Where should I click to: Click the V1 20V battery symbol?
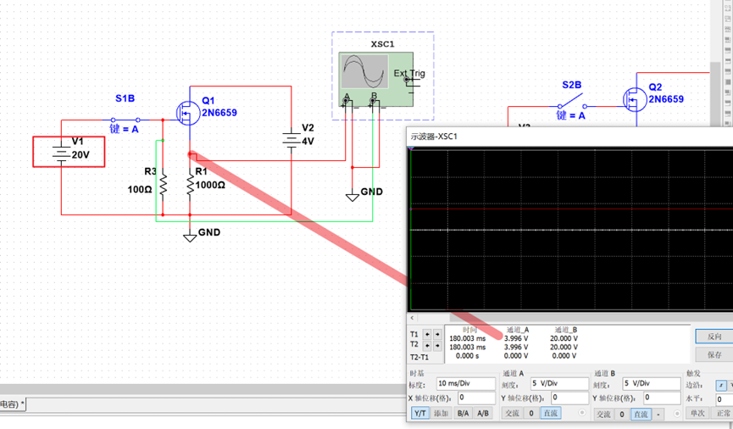61,153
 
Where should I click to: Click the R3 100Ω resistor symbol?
164,183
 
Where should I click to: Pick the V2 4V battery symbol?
292,141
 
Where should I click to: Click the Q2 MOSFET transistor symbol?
633,99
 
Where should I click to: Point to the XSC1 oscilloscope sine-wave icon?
364,72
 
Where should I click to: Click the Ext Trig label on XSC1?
409,74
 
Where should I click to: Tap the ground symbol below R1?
190,235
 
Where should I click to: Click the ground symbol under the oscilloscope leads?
353,195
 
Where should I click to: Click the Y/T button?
419,414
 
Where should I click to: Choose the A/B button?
483,414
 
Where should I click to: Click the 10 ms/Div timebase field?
465,384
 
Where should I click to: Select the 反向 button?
714,337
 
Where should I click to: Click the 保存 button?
714,354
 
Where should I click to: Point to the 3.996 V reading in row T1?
517,338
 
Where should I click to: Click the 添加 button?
441,414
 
